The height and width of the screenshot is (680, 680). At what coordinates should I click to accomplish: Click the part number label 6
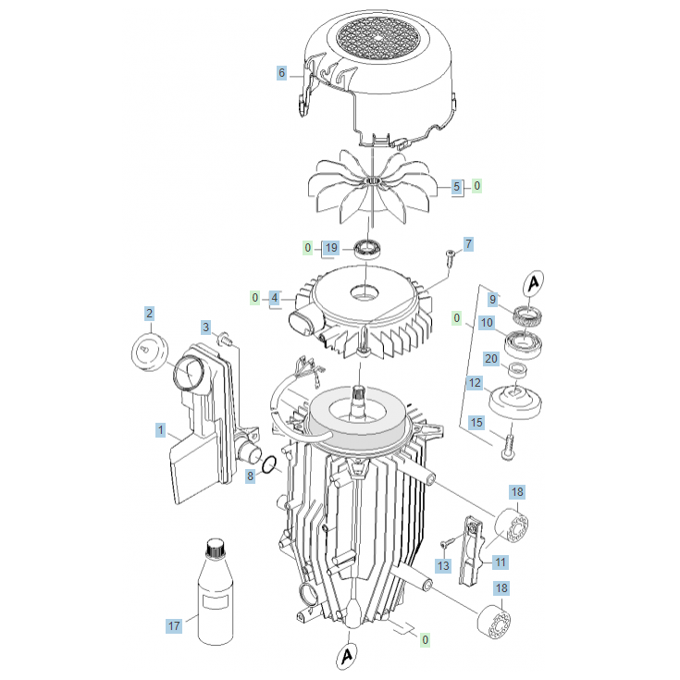[x=282, y=73]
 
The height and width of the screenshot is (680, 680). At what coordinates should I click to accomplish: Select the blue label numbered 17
[x=174, y=626]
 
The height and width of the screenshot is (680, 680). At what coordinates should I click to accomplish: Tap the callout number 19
[x=331, y=248]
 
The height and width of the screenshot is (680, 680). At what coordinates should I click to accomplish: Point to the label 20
[x=491, y=359]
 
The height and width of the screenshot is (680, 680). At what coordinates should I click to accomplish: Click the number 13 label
[x=443, y=565]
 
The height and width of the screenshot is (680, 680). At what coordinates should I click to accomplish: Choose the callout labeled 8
[x=250, y=476]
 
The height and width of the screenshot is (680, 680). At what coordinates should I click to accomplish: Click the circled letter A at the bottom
[x=347, y=656]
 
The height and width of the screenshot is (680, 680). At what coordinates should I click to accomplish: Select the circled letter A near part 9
[x=534, y=283]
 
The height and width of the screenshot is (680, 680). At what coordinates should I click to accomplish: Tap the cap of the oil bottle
[x=215, y=549]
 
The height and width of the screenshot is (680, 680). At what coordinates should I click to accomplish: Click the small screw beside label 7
[x=451, y=257]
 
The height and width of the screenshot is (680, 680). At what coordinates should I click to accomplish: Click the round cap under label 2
[x=149, y=352]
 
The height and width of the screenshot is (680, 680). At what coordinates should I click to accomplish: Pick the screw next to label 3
[x=225, y=339]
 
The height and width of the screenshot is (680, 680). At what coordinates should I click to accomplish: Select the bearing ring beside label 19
[x=368, y=250]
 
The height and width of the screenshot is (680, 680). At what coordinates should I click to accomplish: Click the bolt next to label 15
[x=509, y=442]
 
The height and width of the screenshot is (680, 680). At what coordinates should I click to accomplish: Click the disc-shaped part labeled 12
[x=515, y=402]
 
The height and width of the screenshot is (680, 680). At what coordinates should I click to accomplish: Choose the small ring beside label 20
[x=517, y=370]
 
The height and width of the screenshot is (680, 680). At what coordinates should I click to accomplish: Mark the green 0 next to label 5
[x=477, y=186]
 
